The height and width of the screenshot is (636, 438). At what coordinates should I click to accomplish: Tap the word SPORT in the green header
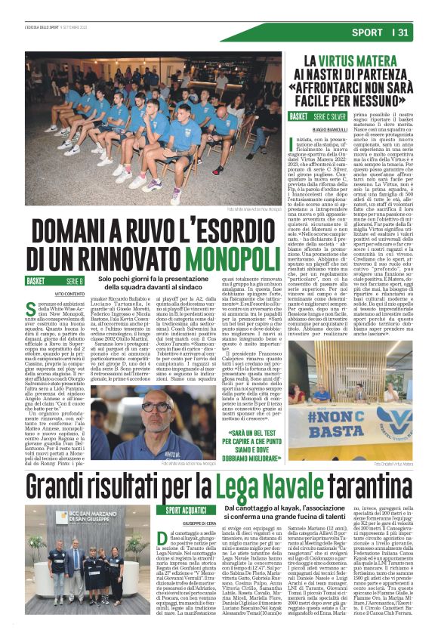pos(368,32)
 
